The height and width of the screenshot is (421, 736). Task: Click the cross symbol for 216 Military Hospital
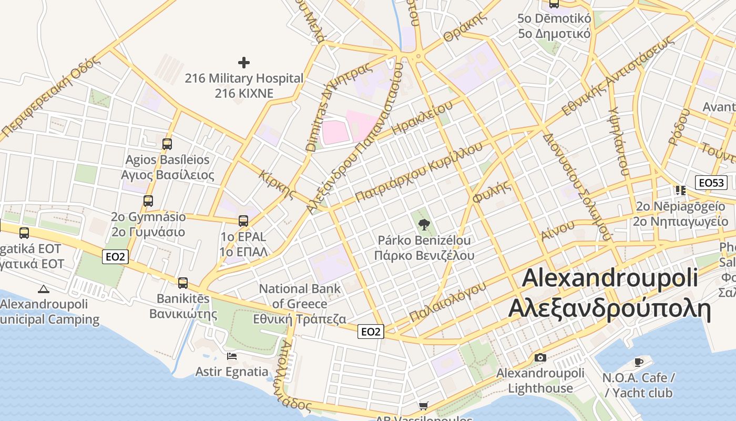point(244,63)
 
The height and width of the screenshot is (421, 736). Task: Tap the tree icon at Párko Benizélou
point(424,225)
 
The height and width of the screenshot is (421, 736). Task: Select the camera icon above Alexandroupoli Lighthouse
point(540,358)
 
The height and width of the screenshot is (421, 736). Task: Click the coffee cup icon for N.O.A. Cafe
point(639,362)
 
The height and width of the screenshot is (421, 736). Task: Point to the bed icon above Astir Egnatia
point(232,356)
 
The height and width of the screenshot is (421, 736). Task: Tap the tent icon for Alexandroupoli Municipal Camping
point(44,288)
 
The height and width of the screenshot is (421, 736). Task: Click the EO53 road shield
point(711,183)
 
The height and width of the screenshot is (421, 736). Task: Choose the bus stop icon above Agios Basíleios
point(167,144)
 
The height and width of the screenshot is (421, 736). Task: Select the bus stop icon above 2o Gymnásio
point(148,201)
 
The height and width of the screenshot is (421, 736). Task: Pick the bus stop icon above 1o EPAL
point(243,220)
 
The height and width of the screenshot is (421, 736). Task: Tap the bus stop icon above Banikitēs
point(183,283)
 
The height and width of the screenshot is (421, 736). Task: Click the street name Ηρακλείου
point(422,118)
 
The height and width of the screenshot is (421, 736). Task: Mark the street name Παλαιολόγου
point(448,301)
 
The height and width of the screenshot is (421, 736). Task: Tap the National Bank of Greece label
point(300,304)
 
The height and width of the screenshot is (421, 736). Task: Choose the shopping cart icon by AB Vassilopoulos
point(423,406)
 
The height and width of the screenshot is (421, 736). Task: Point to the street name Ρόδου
point(679,126)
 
